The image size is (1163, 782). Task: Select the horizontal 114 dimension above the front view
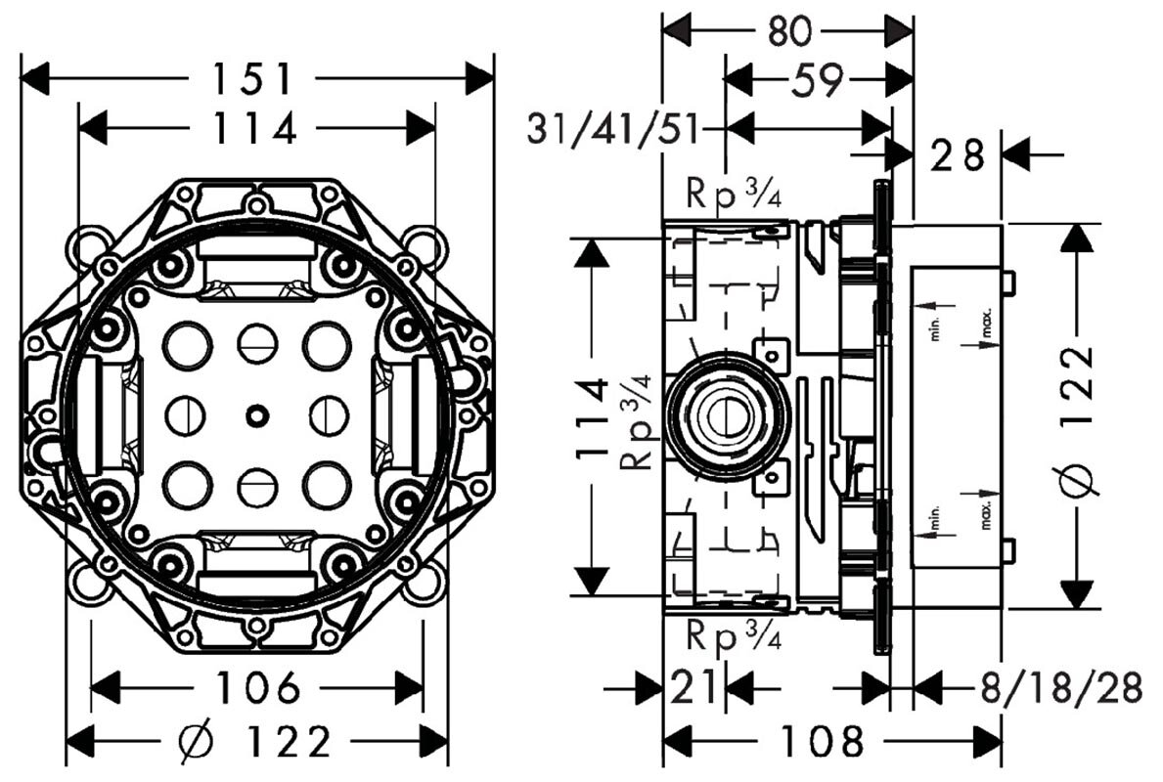[x=257, y=127]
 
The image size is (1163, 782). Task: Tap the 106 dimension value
[x=257, y=688]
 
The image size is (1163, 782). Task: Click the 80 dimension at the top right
[x=788, y=31]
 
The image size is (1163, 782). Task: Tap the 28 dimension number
[x=957, y=154]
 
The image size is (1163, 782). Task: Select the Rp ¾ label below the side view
[x=733, y=637]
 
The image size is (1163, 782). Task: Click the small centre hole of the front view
[x=256, y=415]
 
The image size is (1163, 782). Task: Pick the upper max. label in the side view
[x=987, y=326]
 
